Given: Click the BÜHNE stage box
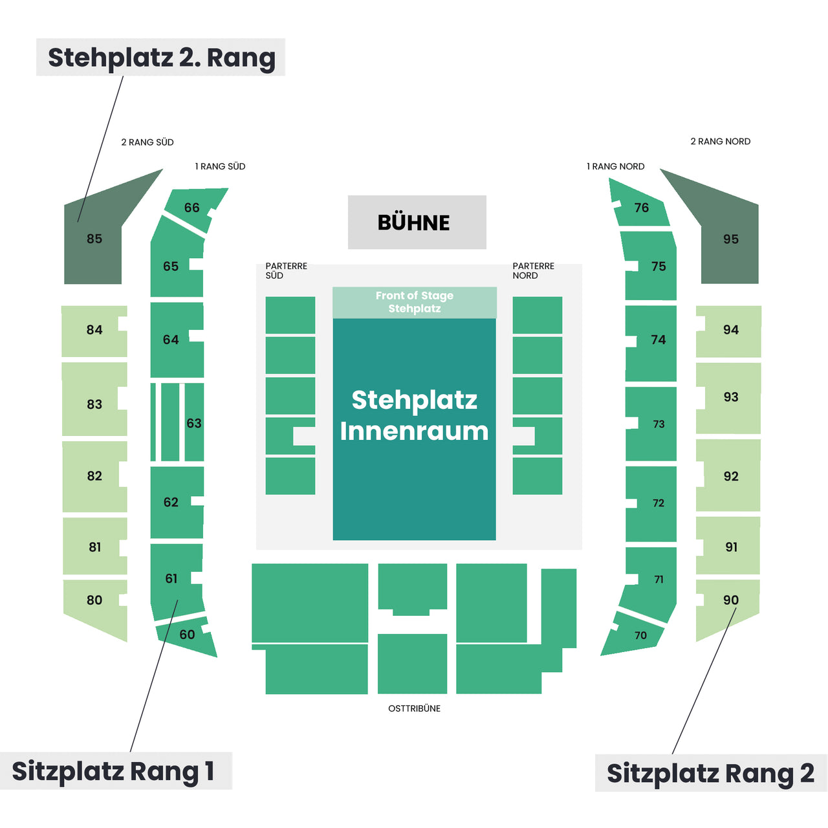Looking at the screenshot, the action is tap(417, 222).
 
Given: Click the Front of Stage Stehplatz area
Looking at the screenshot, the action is tap(415, 302).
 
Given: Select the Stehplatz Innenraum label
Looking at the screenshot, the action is tap(414, 415).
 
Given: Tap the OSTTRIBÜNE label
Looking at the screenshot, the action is tap(414, 708).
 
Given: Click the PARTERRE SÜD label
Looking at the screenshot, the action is tap(286, 270).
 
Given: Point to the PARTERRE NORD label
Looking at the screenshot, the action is tap(533, 270).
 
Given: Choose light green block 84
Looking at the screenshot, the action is tap(94, 331).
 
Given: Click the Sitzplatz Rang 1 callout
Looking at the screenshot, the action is tap(116, 771).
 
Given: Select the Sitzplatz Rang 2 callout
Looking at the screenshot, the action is tap(711, 773).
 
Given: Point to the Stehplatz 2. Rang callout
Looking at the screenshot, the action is tap(160, 57).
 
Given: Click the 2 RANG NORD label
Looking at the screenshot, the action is tap(720, 142).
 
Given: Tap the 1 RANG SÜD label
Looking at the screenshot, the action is tap(220, 166).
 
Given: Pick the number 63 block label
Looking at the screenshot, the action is tap(194, 423).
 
